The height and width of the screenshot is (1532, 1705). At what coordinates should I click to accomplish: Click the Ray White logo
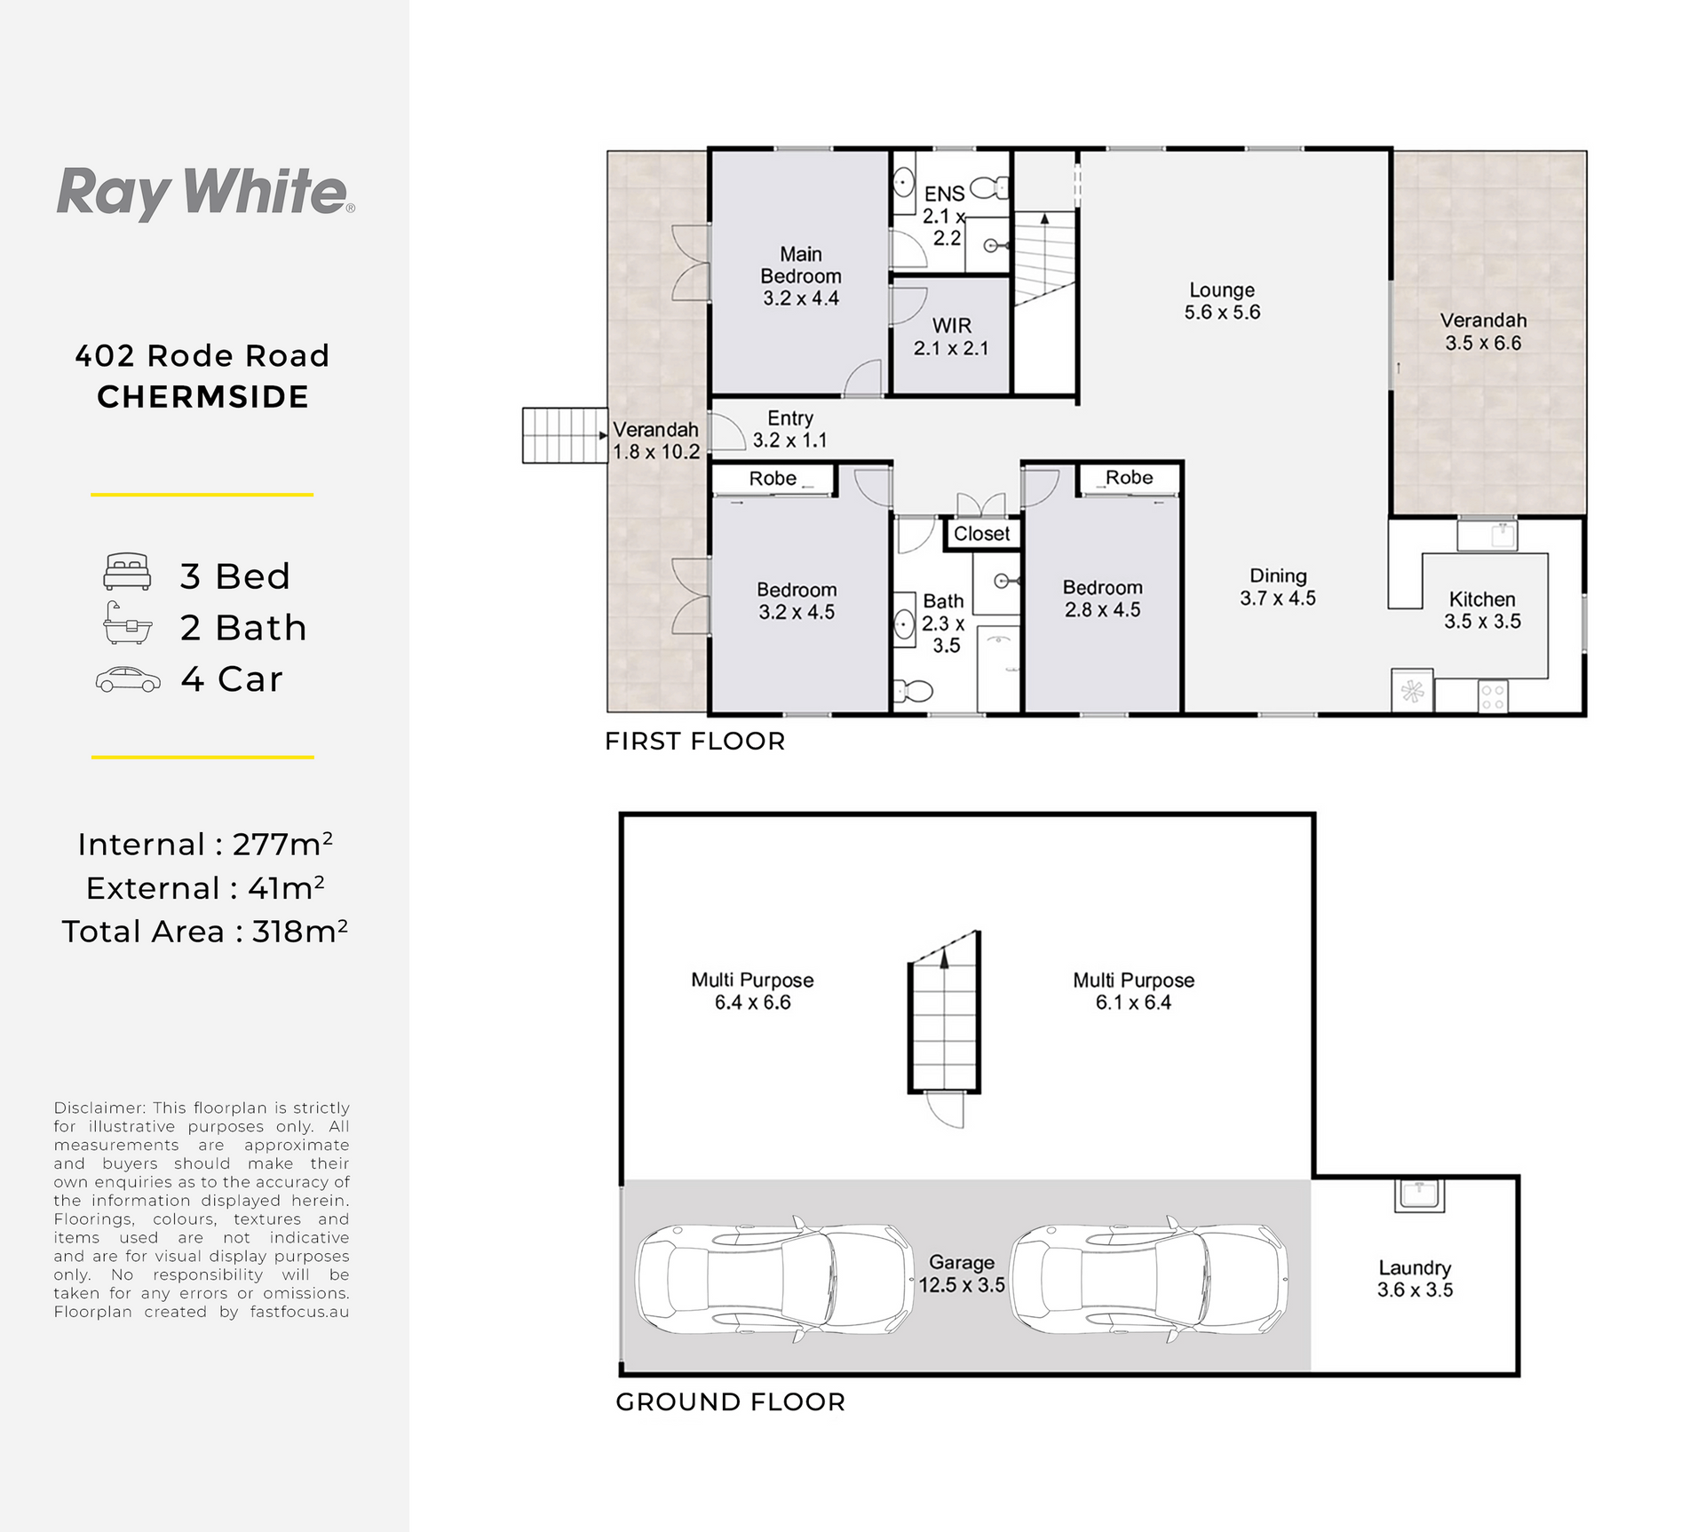(x=205, y=193)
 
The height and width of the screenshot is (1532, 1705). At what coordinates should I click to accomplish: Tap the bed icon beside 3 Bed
(x=127, y=572)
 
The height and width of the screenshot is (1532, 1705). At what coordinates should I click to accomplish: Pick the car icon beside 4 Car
(x=128, y=679)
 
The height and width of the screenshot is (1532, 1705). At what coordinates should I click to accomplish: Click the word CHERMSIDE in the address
(x=203, y=397)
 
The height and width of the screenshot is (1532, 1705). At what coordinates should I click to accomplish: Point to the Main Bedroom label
(x=801, y=276)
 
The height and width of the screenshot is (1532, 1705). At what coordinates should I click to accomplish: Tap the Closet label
(x=981, y=534)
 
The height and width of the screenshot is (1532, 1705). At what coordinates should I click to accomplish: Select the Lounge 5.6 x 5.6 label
(x=1222, y=301)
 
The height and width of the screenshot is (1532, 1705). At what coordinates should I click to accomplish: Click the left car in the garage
(x=774, y=1278)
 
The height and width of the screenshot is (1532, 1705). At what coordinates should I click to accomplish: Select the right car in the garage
(x=1149, y=1278)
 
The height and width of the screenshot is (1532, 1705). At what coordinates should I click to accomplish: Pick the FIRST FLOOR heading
(x=695, y=742)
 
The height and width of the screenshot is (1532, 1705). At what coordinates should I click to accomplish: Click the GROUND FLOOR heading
(x=730, y=1402)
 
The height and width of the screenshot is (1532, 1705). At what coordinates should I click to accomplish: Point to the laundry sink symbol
(x=1420, y=1195)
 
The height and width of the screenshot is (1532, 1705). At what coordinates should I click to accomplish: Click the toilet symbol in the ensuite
(x=990, y=187)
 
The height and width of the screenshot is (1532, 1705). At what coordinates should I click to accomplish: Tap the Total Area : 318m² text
(x=204, y=931)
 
